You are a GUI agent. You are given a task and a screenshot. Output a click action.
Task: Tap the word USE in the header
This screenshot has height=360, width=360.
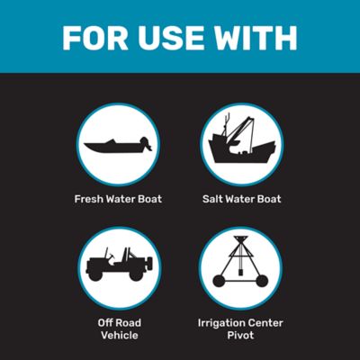[x=173, y=38]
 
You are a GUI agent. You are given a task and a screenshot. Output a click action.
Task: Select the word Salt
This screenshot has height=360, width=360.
[x=215, y=198]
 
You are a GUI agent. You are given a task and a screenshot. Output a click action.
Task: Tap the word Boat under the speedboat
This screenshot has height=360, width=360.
[x=148, y=198]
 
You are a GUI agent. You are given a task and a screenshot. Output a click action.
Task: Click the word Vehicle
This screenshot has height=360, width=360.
[x=118, y=335]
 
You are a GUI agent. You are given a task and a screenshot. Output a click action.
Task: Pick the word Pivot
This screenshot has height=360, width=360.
[x=240, y=335]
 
